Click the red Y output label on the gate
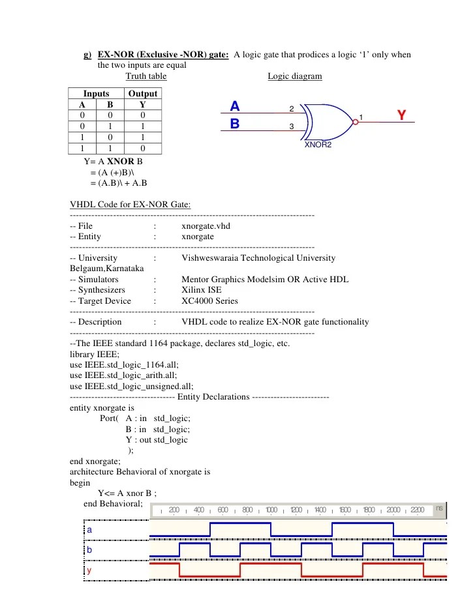click(x=401, y=115)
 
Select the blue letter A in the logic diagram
click(x=235, y=106)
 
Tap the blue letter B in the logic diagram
click(x=235, y=123)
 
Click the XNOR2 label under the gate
click(x=318, y=144)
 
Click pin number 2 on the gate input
click(x=291, y=108)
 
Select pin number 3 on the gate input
click(x=291, y=126)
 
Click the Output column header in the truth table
click(x=142, y=94)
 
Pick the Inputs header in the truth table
click(x=96, y=94)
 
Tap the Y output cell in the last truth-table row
click(x=142, y=149)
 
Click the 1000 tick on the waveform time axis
click(x=271, y=510)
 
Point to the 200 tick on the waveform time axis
click(x=174, y=510)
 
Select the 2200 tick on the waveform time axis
click(x=418, y=510)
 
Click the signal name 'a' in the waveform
click(x=89, y=531)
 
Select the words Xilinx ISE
click(x=201, y=290)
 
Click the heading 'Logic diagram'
click(x=294, y=76)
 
